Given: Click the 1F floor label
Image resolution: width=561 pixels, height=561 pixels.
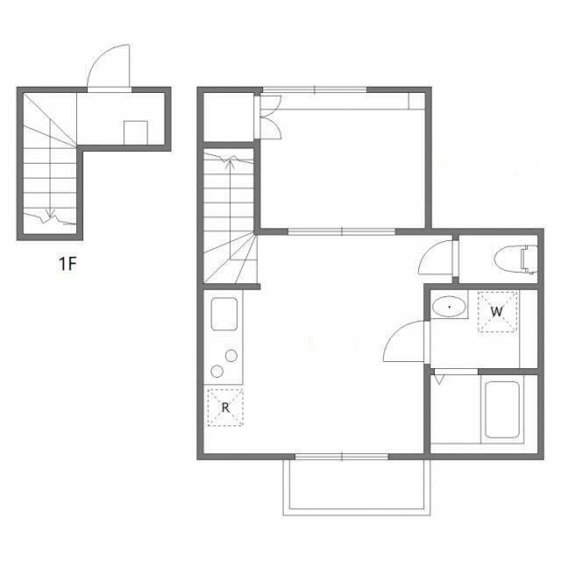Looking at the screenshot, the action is point(67,264).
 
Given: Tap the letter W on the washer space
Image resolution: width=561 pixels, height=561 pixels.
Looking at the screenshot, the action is point(497,312).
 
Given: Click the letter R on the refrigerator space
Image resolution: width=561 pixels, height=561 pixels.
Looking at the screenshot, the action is point(225,408).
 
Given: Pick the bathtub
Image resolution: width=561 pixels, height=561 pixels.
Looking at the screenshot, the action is point(502,409).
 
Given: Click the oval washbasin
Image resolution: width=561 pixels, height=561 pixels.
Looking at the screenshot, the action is point(449,307).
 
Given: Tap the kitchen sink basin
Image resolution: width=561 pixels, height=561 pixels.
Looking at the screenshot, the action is point(224,314).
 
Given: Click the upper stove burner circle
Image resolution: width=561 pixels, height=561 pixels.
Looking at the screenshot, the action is point(231,356).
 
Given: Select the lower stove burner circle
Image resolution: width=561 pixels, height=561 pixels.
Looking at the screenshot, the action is point(217,372).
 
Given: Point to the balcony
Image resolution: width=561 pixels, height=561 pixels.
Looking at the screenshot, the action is point(357,487).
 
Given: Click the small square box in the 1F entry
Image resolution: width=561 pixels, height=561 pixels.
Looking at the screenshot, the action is point(136,132).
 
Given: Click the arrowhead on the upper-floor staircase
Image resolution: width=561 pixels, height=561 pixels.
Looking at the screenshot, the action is point(231,164).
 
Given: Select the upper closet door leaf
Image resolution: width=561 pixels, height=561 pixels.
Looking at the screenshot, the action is point(271,105).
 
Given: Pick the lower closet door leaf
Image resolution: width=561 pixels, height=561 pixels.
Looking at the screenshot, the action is point(271,128).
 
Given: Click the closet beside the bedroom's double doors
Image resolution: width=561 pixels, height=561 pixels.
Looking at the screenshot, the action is point(228,117).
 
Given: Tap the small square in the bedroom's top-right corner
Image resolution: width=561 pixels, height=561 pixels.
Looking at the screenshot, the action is point(417,101).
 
